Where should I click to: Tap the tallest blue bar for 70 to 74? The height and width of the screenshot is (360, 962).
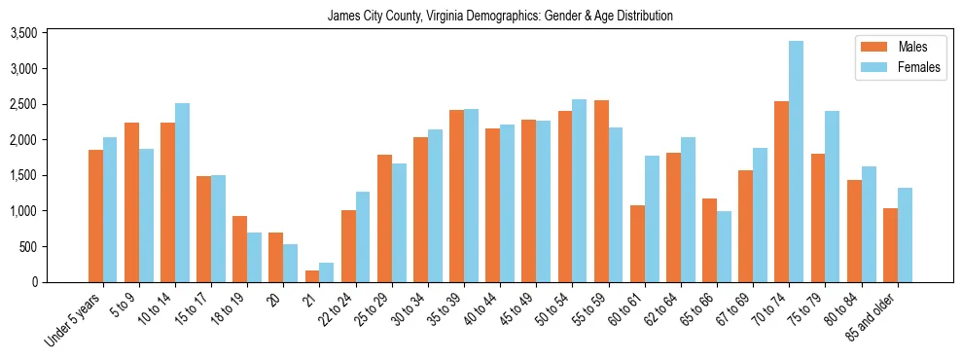pyautogui.click(x=797, y=162)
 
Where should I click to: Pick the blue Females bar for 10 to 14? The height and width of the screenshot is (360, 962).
pyautogui.click(x=182, y=193)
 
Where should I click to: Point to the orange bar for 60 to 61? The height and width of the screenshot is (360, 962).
pyautogui.click(x=637, y=243)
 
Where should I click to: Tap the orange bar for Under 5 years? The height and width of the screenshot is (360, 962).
pyautogui.click(x=95, y=216)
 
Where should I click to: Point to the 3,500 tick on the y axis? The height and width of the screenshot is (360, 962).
pyautogui.click(x=50, y=33)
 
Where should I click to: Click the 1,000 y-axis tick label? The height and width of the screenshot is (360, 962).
pyautogui.click(x=50, y=211)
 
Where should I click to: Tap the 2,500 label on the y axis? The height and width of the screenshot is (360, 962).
pyautogui.click(x=50, y=104)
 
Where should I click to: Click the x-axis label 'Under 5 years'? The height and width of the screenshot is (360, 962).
pyautogui.click(x=74, y=322)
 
